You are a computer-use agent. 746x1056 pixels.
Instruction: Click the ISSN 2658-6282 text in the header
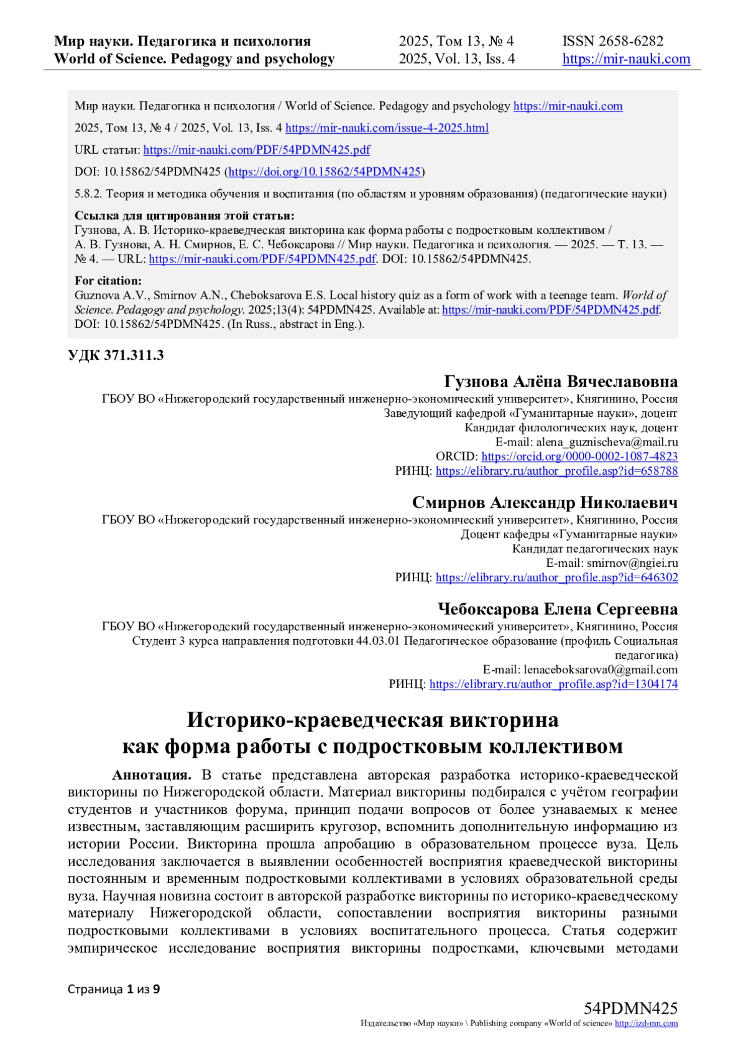point(612,41)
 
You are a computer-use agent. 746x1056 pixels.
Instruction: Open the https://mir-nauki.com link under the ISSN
point(626,59)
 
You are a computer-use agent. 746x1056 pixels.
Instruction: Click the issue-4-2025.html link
point(387,128)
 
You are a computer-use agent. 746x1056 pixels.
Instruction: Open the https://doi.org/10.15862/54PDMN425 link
point(325,172)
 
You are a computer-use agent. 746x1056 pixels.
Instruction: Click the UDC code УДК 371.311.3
point(116,355)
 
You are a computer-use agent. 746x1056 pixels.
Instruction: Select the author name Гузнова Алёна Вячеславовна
point(561,381)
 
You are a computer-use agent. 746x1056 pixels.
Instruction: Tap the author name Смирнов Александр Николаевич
point(545,502)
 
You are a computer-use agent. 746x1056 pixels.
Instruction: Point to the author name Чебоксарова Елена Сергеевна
point(558,609)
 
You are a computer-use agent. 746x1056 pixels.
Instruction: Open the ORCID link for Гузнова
point(579,457)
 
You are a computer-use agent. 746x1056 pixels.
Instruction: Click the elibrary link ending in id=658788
point(556,471)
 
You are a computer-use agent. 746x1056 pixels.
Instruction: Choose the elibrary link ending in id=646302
point(556,577)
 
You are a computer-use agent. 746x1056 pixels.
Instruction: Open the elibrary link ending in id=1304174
point(553,684)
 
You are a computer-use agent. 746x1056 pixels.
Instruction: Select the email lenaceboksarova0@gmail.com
point(601,670)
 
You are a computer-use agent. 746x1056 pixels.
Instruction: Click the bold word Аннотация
point(152,775)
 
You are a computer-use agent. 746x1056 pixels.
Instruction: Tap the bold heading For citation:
point(108,281)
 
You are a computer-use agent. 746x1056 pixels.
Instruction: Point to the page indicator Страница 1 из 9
point(114,989)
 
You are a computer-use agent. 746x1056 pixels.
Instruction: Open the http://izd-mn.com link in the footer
point(646,1023)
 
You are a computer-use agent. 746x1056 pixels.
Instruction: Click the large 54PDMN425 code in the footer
point(630,1008)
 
